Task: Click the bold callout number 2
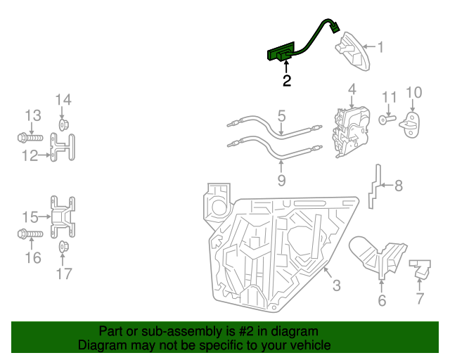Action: (286, 81)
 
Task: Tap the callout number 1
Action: (380, 47)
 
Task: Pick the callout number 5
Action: (281, 114)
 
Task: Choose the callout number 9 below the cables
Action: (281, 181)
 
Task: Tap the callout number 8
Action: (398, 186)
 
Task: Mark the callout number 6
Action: (382, 301)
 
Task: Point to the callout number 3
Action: (336, 285)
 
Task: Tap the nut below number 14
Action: (63, 126)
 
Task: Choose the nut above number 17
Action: (63, 246)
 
